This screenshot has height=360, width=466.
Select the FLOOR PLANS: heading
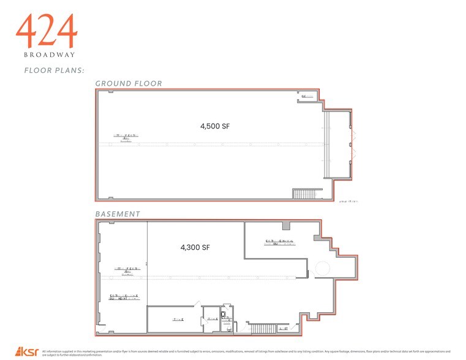[50, 70]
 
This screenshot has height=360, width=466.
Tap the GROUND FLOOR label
[128, 83]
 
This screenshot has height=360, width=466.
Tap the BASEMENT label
[118, 214]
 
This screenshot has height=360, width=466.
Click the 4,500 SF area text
[215, 127]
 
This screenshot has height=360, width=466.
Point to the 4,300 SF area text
[195, 247]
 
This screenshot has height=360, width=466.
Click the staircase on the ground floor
[304, 194]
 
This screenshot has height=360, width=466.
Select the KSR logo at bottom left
[28, 352]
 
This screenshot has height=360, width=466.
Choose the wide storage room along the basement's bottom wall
[174, 320]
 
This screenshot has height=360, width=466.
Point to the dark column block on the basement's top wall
[286, 225]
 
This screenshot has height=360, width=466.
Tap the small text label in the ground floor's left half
[125, 137]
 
